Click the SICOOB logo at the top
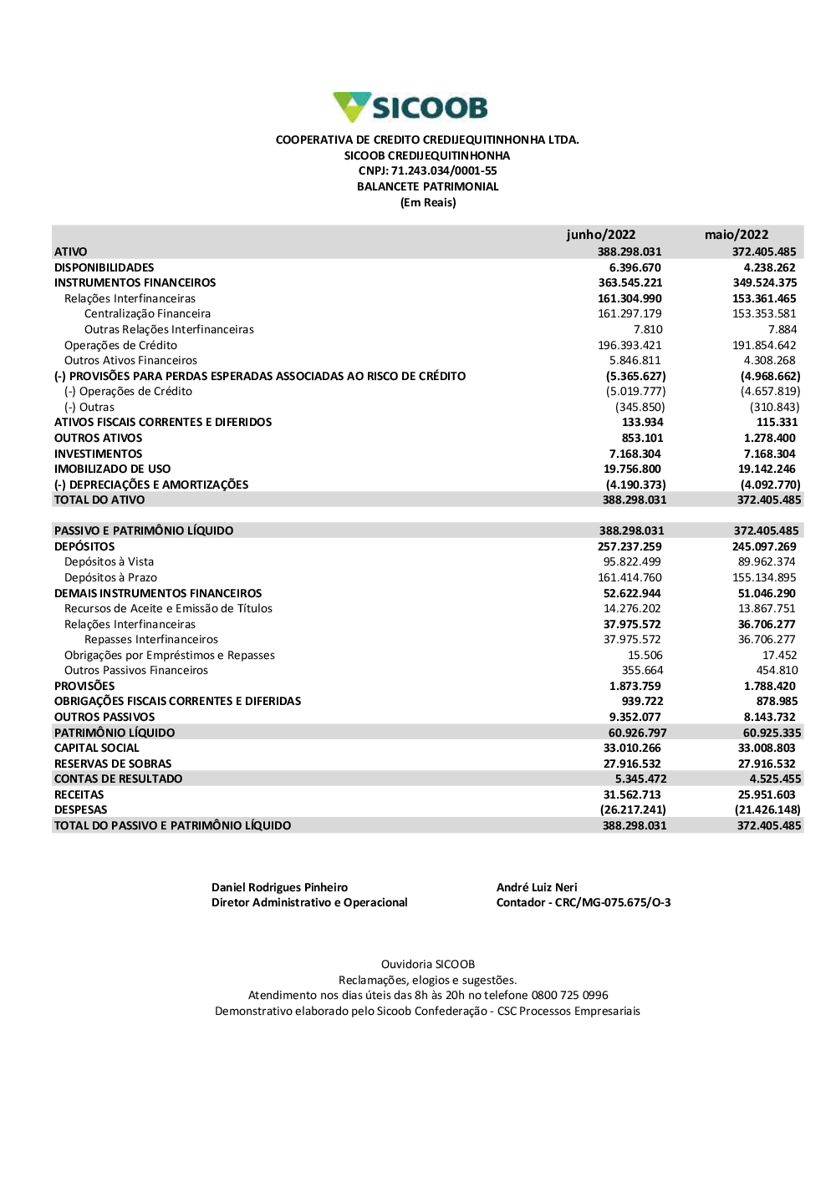[410, 107]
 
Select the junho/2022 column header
[600, 235]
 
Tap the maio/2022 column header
[736, 235]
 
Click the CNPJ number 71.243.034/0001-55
[444, 170]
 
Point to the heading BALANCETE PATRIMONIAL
[427, 186]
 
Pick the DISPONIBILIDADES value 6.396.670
[635, 267]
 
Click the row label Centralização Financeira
[147, 313]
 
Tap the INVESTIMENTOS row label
[98, 454]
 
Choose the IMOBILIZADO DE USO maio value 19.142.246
[767, 469]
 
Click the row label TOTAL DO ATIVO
[99, 500]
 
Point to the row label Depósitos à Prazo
[110, 577]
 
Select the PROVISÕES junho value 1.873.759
[635, 686]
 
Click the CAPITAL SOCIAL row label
[96, 748]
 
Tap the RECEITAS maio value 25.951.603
[767, 794]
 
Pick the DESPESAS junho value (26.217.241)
[633, 809]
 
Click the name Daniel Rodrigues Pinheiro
[279, 887]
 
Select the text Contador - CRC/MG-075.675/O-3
[583, 902]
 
